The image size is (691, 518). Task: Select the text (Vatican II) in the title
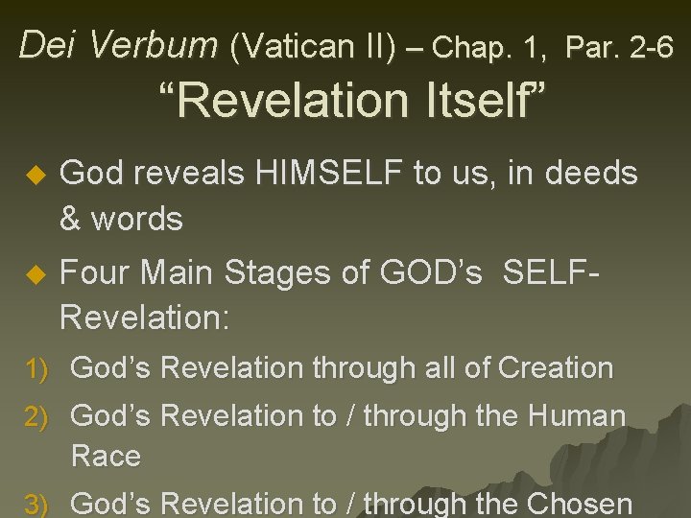click(x=311, y=44)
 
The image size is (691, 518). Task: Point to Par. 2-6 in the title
click(x=620, y=44)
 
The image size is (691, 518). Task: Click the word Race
click(x=106, y=456)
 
